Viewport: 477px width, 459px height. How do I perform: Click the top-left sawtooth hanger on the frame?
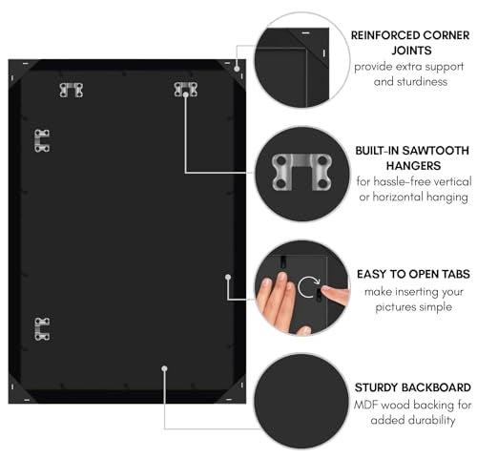tap(72, 90)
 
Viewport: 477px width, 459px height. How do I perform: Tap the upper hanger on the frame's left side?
tap(42, 141)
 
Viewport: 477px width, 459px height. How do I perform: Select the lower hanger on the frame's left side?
tap(42, 329)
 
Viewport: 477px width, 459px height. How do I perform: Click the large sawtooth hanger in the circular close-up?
tap(301, 172)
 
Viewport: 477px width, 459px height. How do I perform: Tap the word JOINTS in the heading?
tap(411, 51)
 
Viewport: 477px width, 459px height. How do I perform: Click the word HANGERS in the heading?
tap(413, 166)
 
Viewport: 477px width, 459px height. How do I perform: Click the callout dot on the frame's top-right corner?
tap(237, 69)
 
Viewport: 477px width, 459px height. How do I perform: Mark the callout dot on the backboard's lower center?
tap(164, 368)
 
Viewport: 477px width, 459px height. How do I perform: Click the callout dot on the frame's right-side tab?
tap(228, 278)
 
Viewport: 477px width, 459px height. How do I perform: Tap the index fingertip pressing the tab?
tap(325, 290)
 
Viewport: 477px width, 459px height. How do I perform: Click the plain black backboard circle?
tap(301, 401)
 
